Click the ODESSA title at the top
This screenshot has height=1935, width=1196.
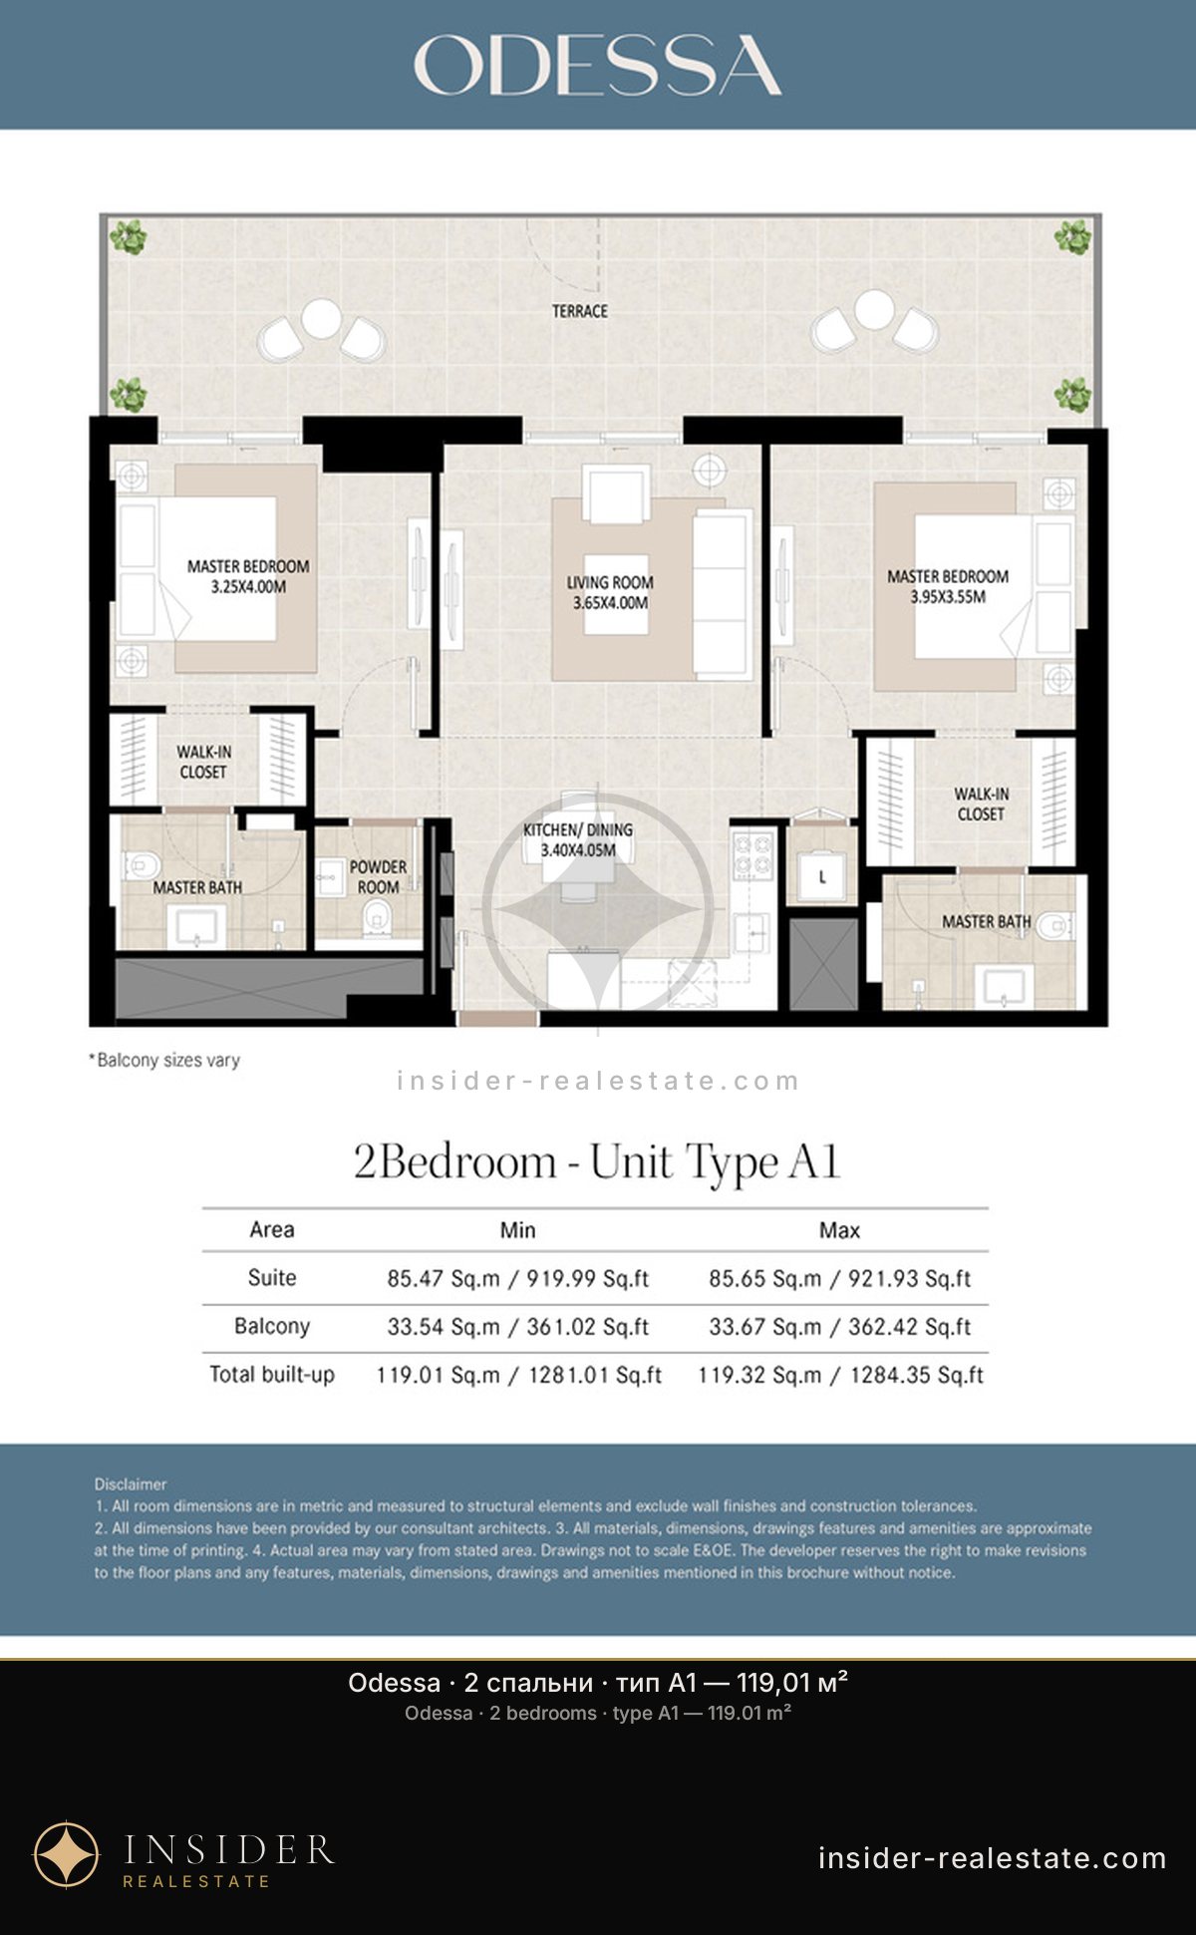(x=597, y=65)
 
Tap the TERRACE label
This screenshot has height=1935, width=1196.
(x=580, y=311)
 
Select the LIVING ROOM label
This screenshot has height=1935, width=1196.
(x=610, y=582)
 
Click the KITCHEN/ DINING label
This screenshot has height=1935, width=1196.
(x=578, y=829)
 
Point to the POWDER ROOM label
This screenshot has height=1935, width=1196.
(x=378, y=877)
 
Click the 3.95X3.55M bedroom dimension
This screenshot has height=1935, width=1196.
(x=948, y=597)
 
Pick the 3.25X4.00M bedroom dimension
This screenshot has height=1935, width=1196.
(x=248, y=587)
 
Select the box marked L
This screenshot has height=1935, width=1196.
(x=822, y=877)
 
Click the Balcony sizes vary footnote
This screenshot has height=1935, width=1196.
(x=164, y=1060)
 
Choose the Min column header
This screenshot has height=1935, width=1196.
(x=517, y=1230)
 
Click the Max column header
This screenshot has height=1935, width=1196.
(x=839, y=1230)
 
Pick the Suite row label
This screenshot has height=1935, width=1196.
(x=272, y=1278)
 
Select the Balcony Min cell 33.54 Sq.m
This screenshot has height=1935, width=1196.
(x=444, y=1327)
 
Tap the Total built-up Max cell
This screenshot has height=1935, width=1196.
(x=840, y=1376)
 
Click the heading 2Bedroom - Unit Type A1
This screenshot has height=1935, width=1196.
(x=597, y=1162)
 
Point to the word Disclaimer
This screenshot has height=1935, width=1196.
(x=131, y=1484)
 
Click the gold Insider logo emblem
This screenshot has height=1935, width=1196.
(x=67, y=1855)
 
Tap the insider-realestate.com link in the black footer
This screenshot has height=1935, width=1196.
(x=992, y=1858)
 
